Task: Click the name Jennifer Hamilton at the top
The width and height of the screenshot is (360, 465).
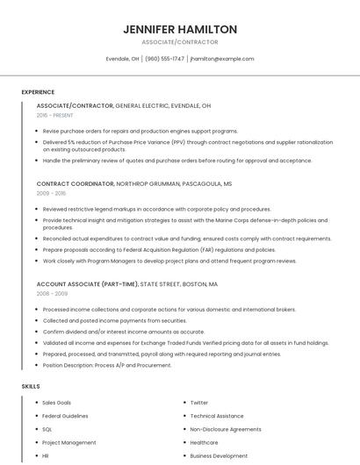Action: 180,29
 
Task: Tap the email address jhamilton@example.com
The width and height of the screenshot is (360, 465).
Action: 221,59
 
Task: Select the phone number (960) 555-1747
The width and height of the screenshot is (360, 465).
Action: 165,59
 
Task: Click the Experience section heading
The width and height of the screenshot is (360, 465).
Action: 38,92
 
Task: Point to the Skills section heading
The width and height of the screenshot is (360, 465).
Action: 31,386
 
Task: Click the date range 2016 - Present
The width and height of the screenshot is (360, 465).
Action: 54,115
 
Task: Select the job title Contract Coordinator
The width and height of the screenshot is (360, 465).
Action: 76,184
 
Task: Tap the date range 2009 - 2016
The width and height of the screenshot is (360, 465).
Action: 51,193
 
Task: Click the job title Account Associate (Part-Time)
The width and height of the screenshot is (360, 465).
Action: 88,284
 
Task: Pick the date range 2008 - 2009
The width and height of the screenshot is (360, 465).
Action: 51,294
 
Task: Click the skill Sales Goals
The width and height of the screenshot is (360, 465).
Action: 56,403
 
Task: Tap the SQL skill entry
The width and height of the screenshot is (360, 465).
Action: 47,429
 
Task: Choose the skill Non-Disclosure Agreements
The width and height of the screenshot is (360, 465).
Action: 226,429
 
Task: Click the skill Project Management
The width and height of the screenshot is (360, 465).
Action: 68,442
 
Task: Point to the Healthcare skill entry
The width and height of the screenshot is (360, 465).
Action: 204,442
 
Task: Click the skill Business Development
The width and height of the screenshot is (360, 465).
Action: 219,456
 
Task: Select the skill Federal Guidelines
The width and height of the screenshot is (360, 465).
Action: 65,416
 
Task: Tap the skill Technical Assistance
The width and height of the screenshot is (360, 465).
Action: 217,416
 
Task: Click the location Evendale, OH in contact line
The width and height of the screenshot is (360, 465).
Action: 122,59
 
